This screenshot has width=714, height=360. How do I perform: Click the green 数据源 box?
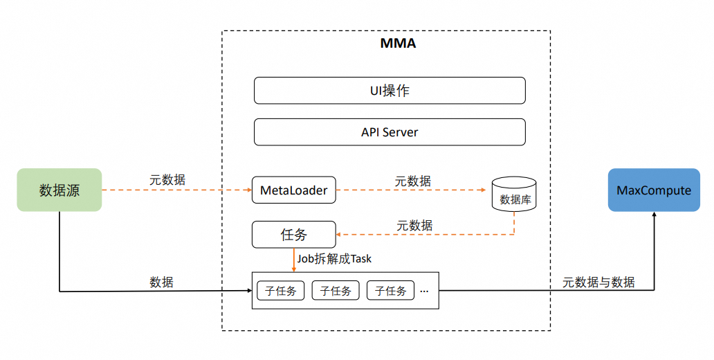click(59, 190)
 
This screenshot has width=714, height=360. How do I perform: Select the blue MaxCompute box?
click(654, 190)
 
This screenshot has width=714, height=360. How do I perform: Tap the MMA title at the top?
click(398, 44)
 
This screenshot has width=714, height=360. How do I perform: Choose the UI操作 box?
click(390, 91)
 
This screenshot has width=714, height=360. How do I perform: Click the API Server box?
click(390, 132)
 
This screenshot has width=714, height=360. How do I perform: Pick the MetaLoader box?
click(294, 190)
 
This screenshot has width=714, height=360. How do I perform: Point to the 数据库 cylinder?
click(514, 194)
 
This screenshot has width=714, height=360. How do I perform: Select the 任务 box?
click(293, 235)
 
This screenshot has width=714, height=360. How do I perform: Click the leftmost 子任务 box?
click(280, 290)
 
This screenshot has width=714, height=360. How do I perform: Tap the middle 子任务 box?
click(336, 290)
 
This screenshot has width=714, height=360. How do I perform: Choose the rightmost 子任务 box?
click(390, 290)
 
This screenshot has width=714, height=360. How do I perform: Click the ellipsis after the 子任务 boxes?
click(424, 290)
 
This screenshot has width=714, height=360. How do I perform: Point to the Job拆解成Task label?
click(334, 259)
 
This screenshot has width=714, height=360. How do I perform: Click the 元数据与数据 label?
click(598, 282)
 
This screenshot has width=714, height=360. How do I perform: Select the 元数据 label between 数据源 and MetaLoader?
click(167, 179)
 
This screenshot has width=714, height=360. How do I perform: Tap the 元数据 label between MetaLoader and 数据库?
click(413, 181)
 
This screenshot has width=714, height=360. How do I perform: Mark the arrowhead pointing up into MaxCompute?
click(654, 216)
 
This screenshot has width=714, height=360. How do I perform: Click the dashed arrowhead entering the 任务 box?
click(340, 235)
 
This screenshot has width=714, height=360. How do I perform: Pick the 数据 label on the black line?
click(161, 282)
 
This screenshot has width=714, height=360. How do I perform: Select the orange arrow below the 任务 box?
click(294, 260)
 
